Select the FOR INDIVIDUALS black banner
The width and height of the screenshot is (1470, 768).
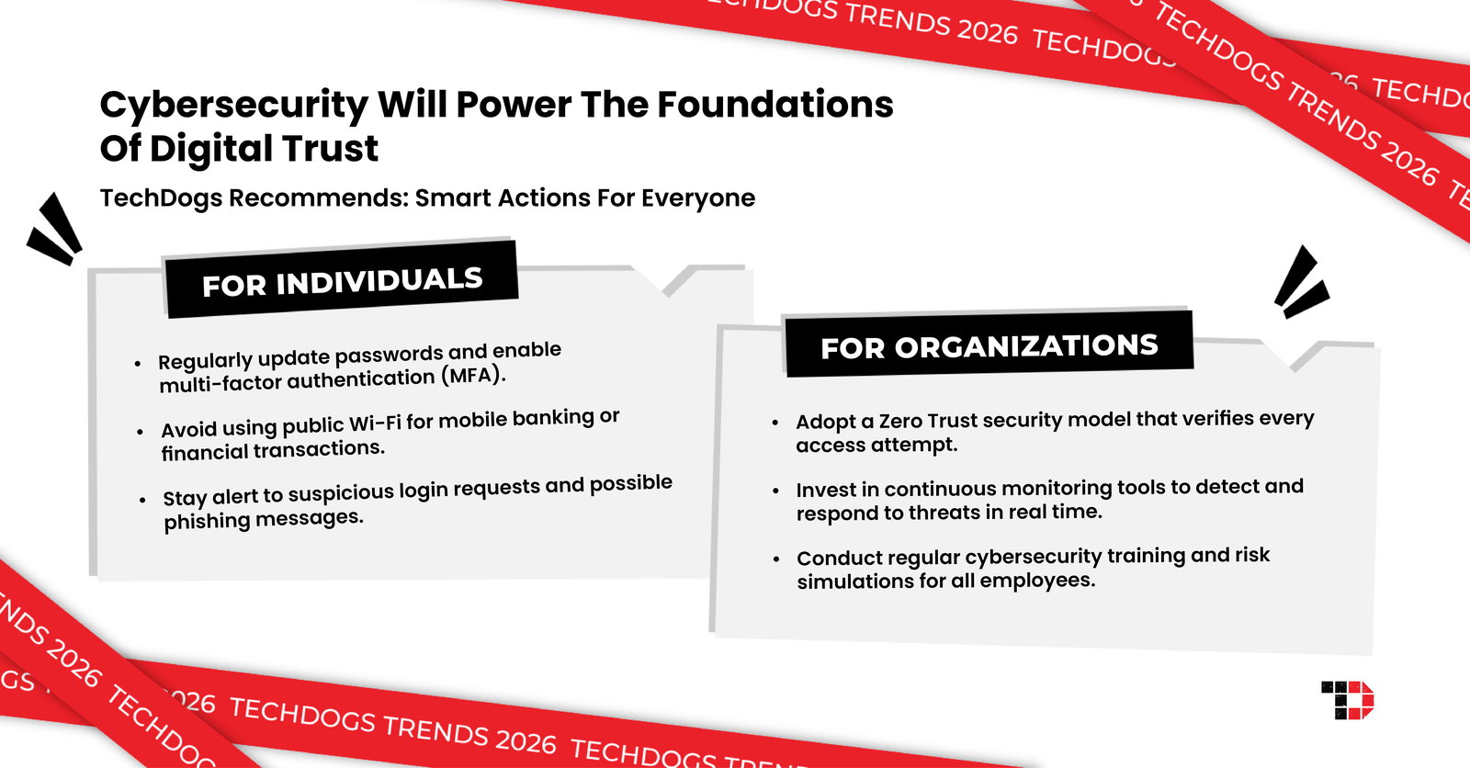coord(342,281)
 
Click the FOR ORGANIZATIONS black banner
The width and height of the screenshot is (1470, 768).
coord(989,346)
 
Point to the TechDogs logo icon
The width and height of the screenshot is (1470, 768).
coord(1347,700)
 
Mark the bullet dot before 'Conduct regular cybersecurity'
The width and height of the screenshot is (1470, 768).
coord(776,559)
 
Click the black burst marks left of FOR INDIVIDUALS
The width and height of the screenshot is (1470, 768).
coord(55,230)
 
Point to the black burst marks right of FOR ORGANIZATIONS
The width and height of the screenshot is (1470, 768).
coord(1300,282)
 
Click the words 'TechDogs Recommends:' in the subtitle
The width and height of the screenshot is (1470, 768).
coord(254,198)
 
